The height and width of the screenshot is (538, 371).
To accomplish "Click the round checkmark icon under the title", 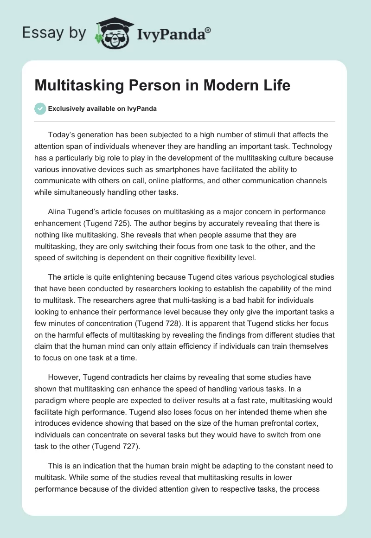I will (x=40, y=109).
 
